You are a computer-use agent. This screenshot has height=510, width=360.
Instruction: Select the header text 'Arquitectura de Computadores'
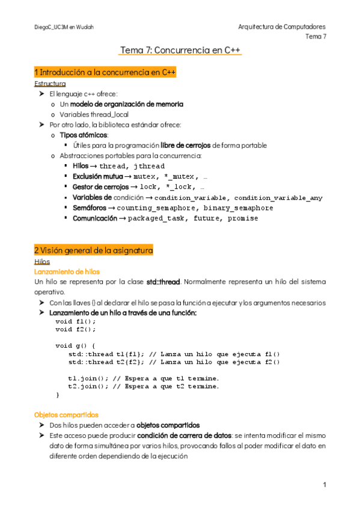click(282, 27)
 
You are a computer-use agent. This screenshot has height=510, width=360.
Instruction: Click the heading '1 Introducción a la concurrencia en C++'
click(105, 72)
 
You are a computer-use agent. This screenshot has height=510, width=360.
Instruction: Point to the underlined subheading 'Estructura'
click(50, 84)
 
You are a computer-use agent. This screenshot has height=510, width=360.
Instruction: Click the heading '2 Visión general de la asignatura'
click(94, 250)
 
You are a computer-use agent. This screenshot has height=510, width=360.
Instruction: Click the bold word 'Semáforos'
click(90, 208)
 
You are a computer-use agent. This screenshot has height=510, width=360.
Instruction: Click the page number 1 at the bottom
click(324, 485)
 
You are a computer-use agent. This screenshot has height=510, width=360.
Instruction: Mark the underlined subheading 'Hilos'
click(43, 262)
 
